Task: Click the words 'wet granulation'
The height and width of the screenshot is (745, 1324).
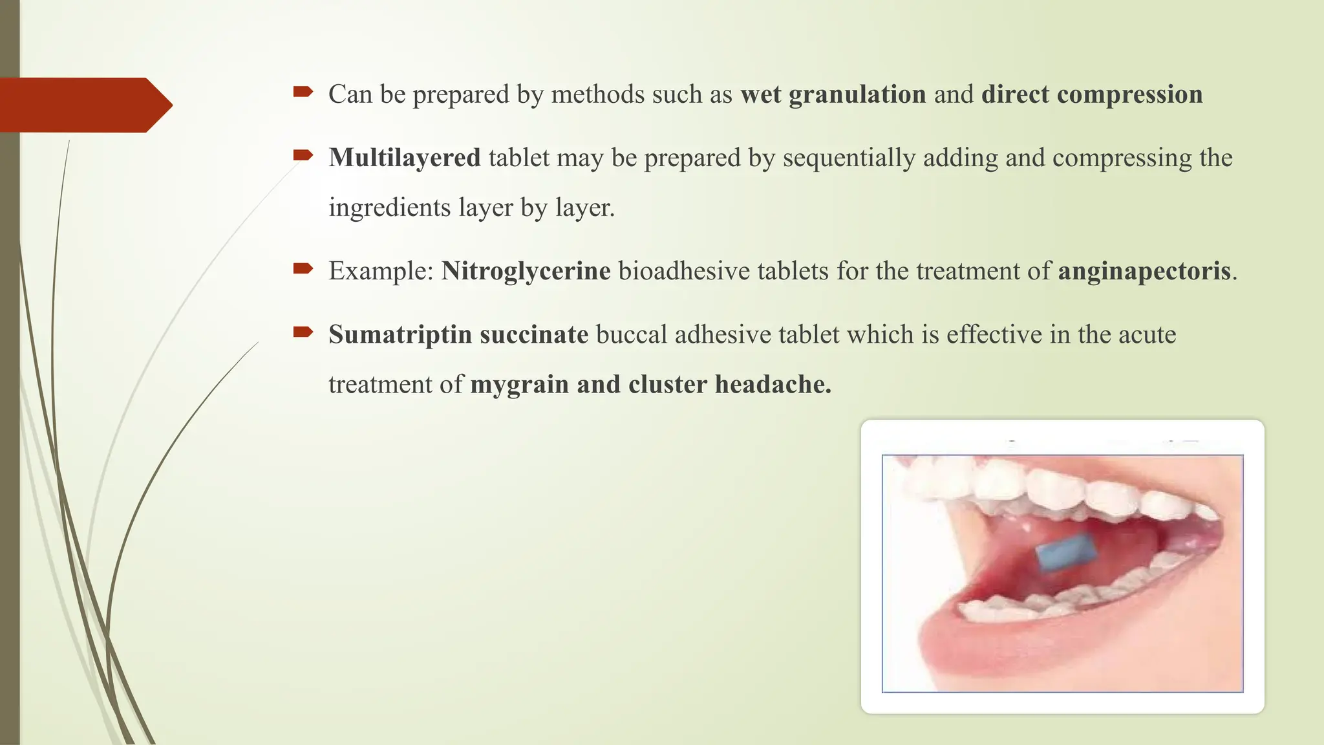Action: tap(833, 95)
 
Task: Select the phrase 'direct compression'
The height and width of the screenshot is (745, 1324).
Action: tap(1091, 95)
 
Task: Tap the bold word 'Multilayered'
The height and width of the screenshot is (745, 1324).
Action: tap(404, 158)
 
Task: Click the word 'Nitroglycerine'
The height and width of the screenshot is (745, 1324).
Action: tap(526, 271)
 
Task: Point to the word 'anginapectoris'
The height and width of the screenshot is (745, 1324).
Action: tap(1144, 271)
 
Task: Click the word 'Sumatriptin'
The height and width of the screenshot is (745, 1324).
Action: tap(400, 334)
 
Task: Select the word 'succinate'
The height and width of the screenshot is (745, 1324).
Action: tap(534, 334)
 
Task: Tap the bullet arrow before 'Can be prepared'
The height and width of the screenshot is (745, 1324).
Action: tap(303, 92)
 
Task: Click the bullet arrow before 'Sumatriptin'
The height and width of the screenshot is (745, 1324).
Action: tap(303, 332)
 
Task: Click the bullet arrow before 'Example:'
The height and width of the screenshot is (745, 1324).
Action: tap(303, 268)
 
